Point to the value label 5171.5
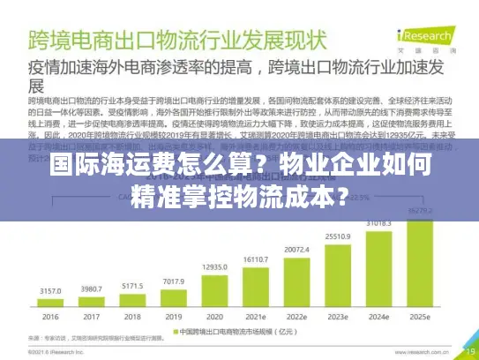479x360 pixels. coord(133,285)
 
